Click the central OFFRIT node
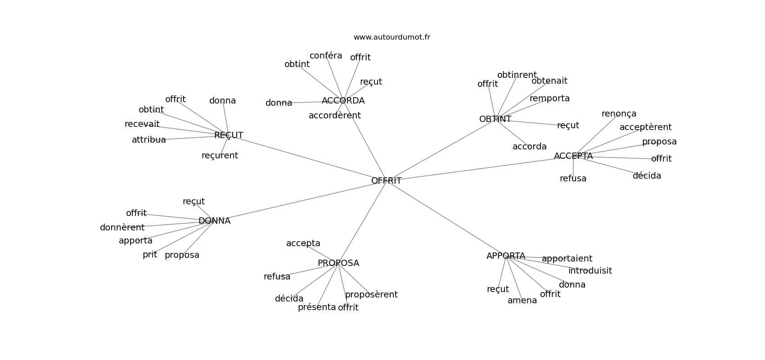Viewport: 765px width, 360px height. click(x=386, y=181)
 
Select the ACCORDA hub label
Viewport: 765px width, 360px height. click(x=343, y=101)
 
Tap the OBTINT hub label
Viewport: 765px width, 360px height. click(x=495, y=119)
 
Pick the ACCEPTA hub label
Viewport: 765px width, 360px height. click(x=573, y=156)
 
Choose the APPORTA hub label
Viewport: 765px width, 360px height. click(x=506, y=256)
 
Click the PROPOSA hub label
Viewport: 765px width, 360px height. click(x=338, y=263)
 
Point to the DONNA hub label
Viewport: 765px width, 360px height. click(x=214, y=221)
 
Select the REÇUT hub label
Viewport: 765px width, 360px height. click(x=229, y=135)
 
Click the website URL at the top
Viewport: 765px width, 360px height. click(x=391, y=37)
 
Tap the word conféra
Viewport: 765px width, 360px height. click(x=326, y=56)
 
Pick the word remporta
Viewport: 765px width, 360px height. click(x=549, y=99)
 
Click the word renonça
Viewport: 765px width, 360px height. click(x=619, y=114)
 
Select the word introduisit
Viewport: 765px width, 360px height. click(x=590, y=271)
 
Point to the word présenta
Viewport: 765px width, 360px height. click(x=317, y=307)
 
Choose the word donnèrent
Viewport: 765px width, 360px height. click(x=122, y=228)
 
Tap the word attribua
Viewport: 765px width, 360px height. click(x=149, y=140)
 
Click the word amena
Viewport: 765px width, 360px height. click(x=522, y=301)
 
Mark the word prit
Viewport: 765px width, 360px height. click(x=150, y=255)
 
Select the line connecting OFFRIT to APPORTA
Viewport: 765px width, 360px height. click(x=445, y=218)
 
